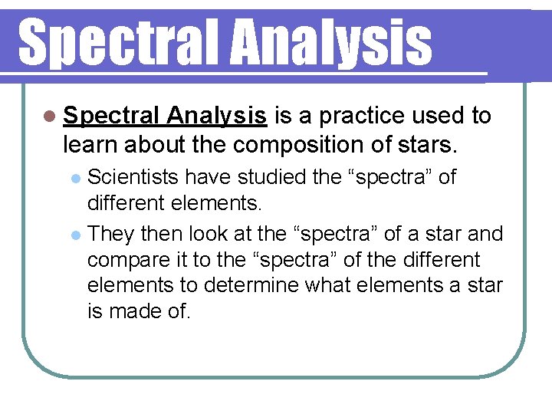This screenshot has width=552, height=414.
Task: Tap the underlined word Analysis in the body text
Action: point(217,116)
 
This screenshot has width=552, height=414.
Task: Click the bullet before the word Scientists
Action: point(75,179)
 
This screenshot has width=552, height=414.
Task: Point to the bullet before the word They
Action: point(75,234)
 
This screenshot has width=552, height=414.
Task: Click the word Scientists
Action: point(134,177)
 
